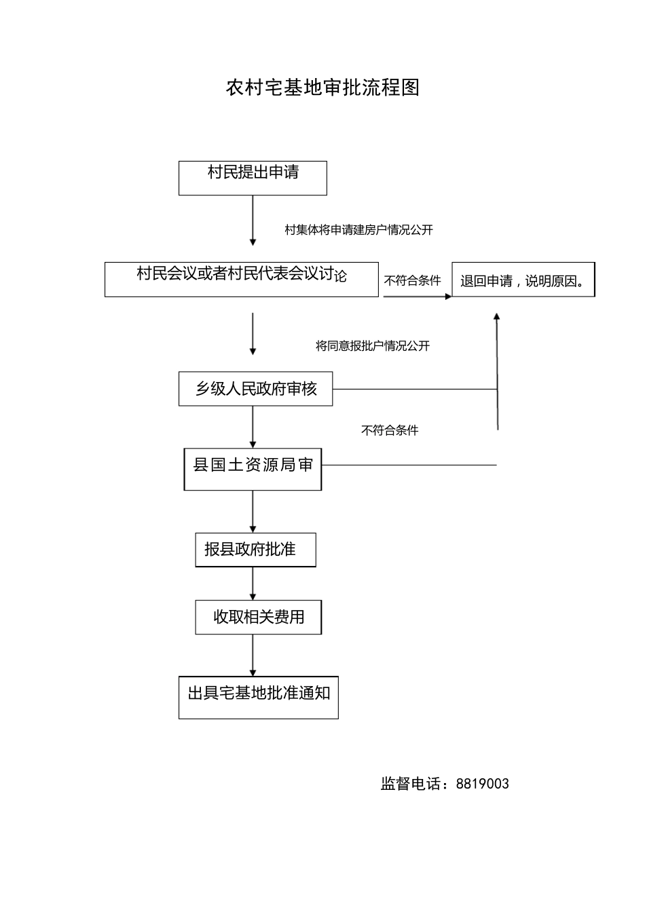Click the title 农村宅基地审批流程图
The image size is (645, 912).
322,88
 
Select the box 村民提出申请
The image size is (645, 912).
253,178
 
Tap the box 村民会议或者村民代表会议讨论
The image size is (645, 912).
241,279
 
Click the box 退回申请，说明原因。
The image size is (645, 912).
523,280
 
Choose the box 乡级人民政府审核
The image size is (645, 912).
255,389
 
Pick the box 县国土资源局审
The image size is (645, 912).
253,468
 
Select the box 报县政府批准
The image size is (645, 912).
255,549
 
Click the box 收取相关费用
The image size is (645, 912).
258,617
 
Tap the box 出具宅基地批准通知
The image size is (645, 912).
258,697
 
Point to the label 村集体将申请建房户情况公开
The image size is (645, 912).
358,230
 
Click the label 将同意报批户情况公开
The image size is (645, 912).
372,346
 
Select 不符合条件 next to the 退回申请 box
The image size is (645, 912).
412,280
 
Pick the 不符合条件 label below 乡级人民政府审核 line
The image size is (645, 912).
389,430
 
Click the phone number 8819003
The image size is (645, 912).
482,784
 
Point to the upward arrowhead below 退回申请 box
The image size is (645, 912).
497,316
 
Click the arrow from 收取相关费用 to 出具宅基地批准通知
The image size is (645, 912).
253,655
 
